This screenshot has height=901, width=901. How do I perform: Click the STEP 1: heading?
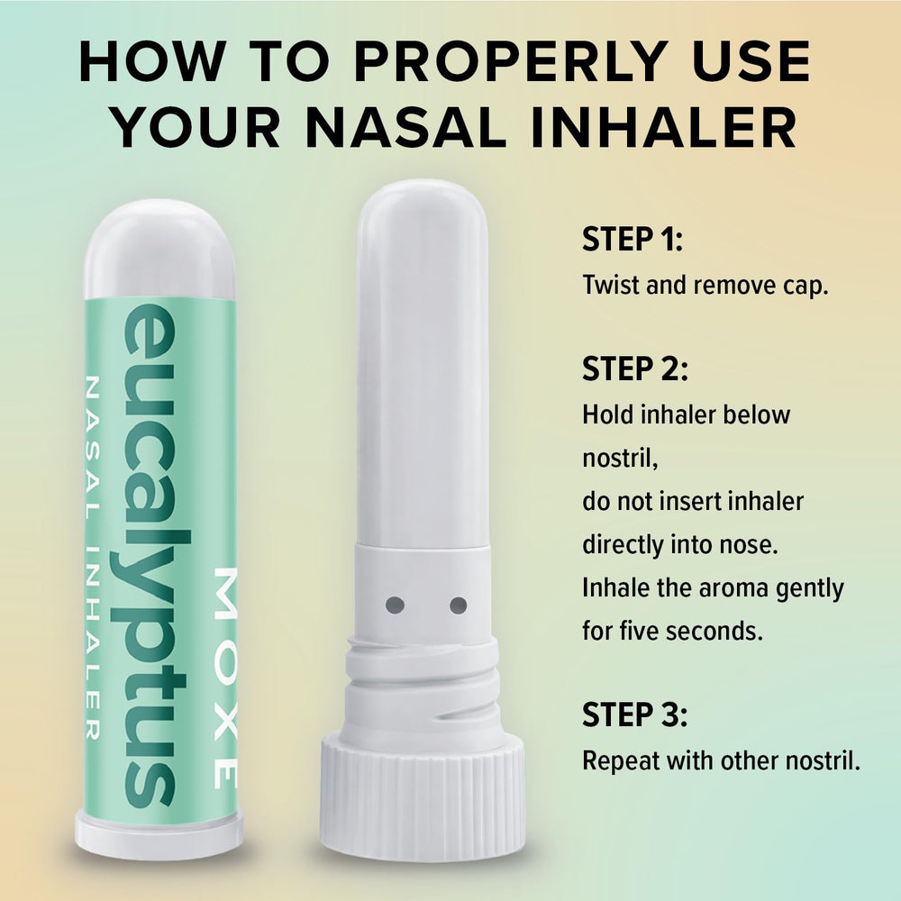tap(633, 239)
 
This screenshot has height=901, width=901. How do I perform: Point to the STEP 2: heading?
tap(634, 369)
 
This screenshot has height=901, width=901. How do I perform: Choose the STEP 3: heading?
tap(634, 714)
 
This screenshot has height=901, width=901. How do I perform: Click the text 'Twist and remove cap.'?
tap(705, 285)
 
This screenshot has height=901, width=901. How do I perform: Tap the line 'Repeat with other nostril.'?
tap(721, 760)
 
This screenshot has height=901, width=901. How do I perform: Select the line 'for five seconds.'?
tap(672, 631)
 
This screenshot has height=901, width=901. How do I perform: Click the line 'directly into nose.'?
tap(680, 545)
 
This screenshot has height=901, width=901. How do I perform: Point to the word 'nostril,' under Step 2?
tap(620, 459)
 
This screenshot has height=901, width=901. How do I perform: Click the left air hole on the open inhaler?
tap(395, 605)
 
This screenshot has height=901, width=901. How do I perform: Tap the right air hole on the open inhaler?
tap(458, 605)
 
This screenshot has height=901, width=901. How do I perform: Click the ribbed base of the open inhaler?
tap(423, 798)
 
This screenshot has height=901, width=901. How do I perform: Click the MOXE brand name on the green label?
tap(225, 678)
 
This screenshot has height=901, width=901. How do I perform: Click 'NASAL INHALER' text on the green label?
tap(92, 558)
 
